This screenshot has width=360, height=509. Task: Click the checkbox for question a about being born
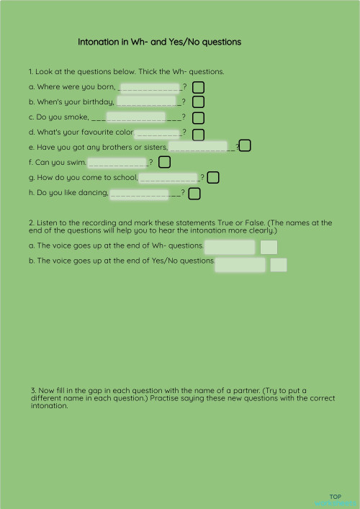(x=198, y=87)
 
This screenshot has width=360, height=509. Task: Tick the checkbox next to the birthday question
(x=198, y=102)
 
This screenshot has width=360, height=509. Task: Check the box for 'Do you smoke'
(x=198, y=117)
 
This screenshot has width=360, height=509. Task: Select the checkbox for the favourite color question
(x=198, y=134)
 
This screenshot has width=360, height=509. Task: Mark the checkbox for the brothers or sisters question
(x=245, y=146)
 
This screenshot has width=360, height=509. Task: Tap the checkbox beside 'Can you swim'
(x=164, y=162)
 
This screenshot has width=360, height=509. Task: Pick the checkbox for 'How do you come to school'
(x=213, y=177)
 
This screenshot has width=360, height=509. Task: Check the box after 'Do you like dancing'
(x=194, y=193)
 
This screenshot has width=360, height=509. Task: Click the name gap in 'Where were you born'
(x=150, y=88)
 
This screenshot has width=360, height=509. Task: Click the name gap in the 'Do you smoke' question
(x=135, y=117)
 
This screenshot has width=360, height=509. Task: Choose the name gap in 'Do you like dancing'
(x=140, y=193)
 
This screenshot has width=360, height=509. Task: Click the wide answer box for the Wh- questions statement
(x=230, y=247)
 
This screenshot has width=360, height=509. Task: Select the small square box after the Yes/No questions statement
(x=279, y=265)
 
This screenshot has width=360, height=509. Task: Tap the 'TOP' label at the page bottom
(x=335, y=497)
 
